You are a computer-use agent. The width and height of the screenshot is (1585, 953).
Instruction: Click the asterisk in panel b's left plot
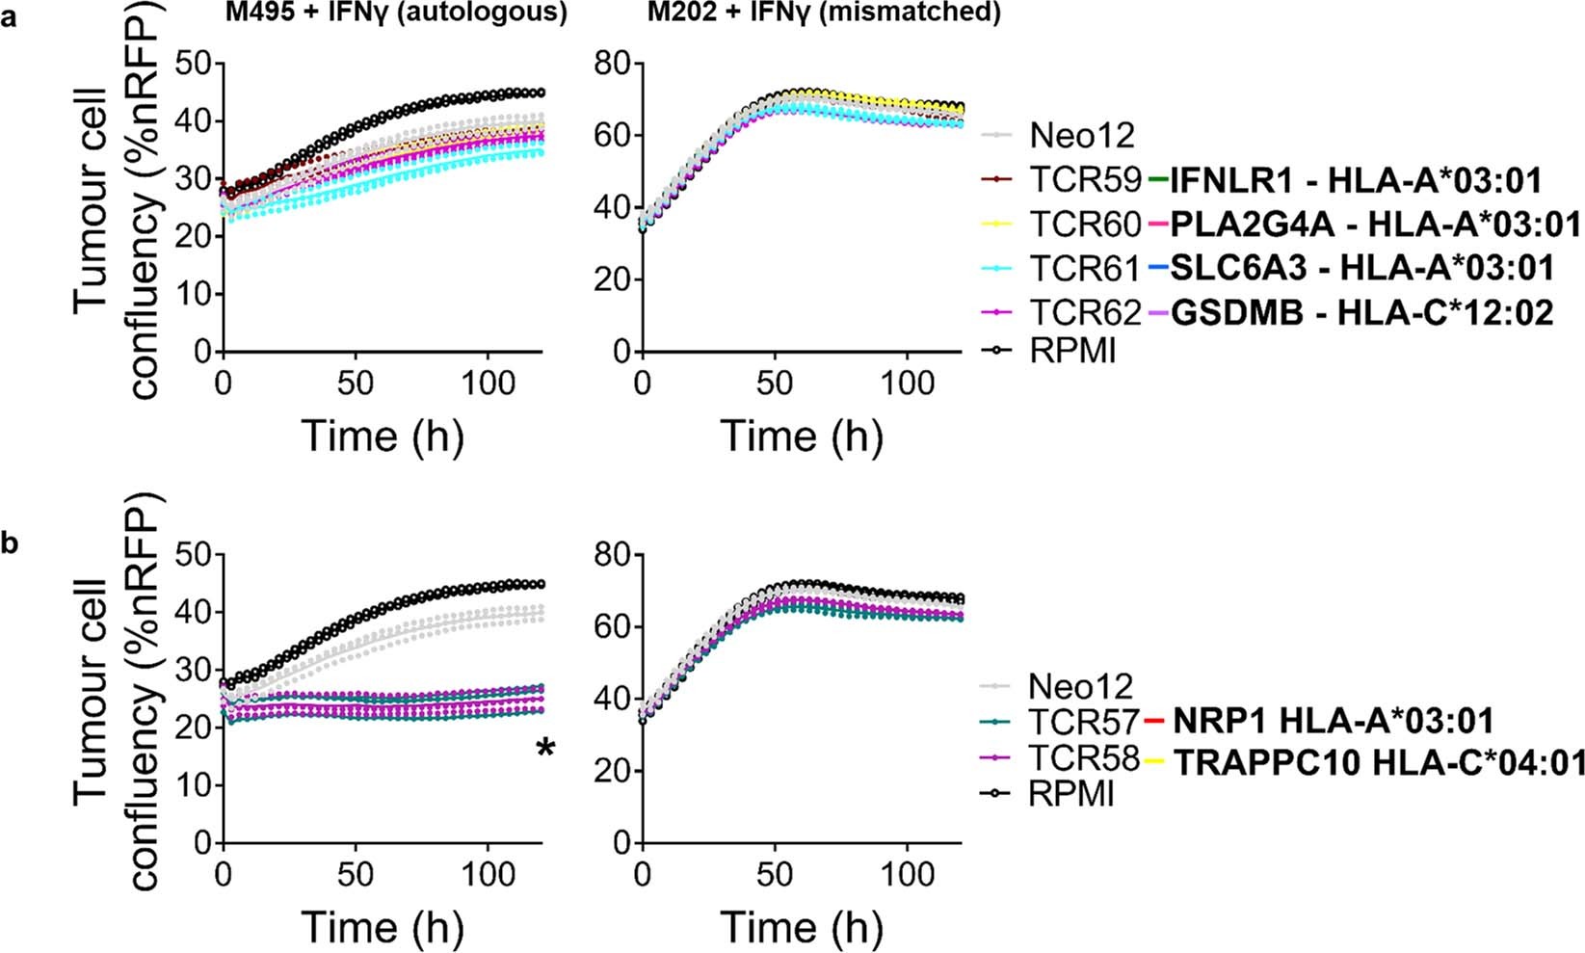click(x=546, y=749)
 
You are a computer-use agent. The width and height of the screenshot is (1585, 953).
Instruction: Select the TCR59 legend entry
click(x=1085, y=179)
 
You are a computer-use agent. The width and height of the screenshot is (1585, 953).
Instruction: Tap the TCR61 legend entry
click(x=1085, y=268)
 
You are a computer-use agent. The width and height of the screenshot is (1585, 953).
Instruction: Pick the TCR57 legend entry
click(x=1084, y=721)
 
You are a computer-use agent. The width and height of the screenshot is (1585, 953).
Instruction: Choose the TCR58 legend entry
click(x=1084, y=758)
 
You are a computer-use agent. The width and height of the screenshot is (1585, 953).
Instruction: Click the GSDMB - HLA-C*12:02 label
click(x=1361, y=313)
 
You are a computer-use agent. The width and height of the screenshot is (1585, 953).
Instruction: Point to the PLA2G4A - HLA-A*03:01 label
click(x=1375, y=225)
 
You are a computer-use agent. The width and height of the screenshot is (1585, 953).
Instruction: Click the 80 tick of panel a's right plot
click(x=613, y=64)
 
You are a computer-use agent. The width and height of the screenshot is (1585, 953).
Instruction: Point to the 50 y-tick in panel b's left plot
click(x=194, y=555)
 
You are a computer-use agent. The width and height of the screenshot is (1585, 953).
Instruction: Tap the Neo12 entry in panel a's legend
click(x=1082, y=135)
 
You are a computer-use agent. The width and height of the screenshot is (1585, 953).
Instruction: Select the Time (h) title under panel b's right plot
click(x=802, y=927)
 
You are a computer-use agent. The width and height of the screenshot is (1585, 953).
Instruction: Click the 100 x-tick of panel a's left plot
click(x=488, y=384)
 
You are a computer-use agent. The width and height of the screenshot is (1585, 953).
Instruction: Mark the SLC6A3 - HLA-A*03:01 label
click(x=1361, y=268)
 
